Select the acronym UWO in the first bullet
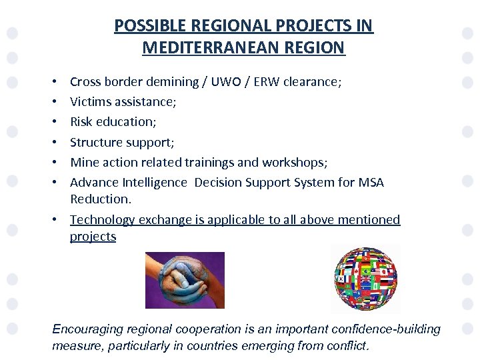pyautogui.click(x=224, y=82)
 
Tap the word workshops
pyautogui.click(x=298, y=162)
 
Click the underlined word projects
pyautogui.click(x=93, y=237)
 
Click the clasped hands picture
pyautogui.click(x=185, y=280)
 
